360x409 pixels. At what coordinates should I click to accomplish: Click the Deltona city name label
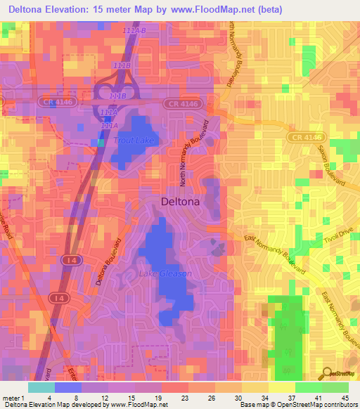181,202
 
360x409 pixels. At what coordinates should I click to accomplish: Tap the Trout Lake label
134,141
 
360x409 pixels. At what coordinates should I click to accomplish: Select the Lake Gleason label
165,273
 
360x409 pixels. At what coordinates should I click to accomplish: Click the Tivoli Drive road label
337,244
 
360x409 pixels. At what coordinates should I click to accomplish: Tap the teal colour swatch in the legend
41,387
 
